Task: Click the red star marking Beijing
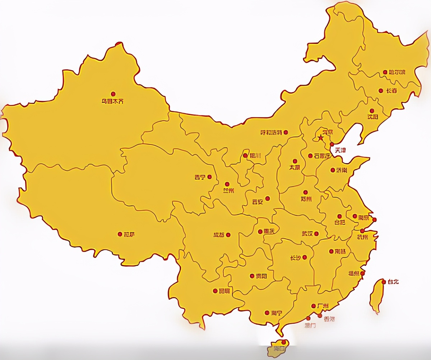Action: (x=320, y=138)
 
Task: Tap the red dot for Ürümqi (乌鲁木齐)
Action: (x=113, y=94)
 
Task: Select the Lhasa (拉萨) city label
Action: (x=129, y=234)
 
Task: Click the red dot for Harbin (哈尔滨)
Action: (x=385, y=72)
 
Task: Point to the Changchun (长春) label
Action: (x=391, y=91)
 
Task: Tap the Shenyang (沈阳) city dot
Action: (x=372, y=111)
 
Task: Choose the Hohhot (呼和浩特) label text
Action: (x=271, y=133)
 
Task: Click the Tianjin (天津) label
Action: (x=340, y=150)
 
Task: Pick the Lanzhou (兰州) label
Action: (x=228, y=191)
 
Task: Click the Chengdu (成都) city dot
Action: (x=228, y=235)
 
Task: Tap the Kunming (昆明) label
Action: (x=224, y=291)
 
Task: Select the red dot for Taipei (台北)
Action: (x=384, y=282)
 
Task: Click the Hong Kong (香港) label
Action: (x=329, y=319)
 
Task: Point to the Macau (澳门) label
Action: (x=310, y=326)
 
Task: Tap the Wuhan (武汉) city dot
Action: (x=316, y=234)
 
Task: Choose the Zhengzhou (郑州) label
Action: (x=306, y=199)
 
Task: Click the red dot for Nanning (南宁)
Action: (x=267, y=313)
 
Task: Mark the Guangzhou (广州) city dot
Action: (x=314, y=306)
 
